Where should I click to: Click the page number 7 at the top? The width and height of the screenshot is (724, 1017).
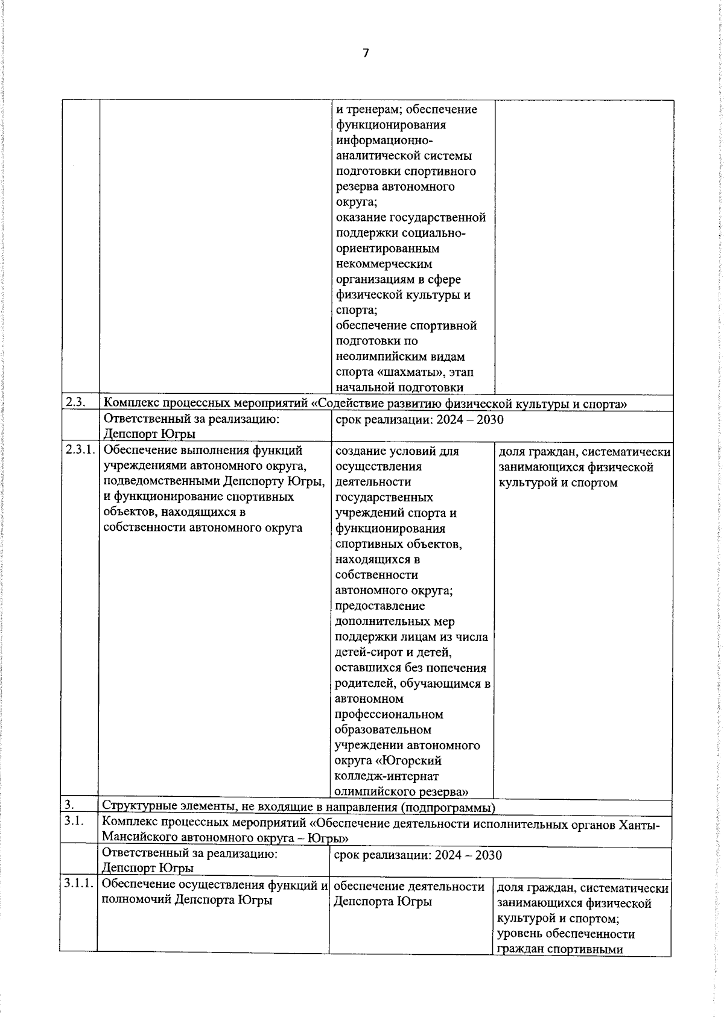pos(366,53)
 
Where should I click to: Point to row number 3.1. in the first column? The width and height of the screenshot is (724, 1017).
pos(73,821)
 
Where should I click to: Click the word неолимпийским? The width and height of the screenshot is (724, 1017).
pos(400,356)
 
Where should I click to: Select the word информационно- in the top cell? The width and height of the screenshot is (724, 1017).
pos(384,141)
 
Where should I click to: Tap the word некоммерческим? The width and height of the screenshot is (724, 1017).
pos(384,264)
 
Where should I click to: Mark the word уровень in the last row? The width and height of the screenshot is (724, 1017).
pos(519,934)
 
